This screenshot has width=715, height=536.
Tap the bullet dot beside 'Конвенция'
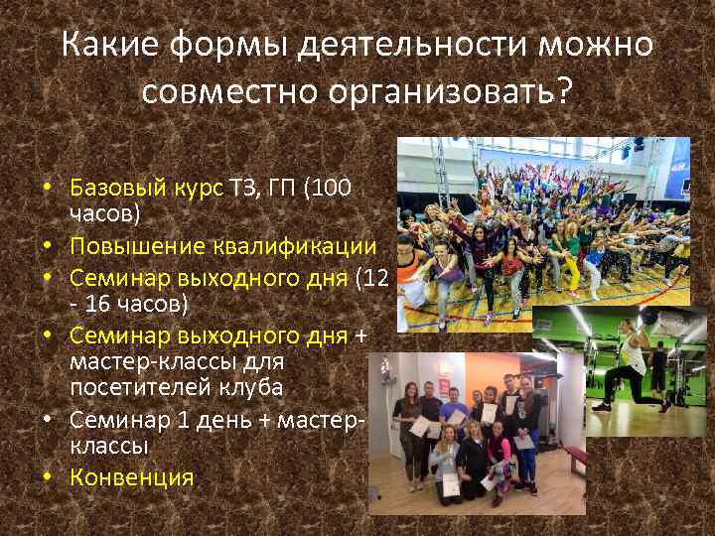47,477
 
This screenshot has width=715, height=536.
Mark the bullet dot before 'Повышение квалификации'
47,246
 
